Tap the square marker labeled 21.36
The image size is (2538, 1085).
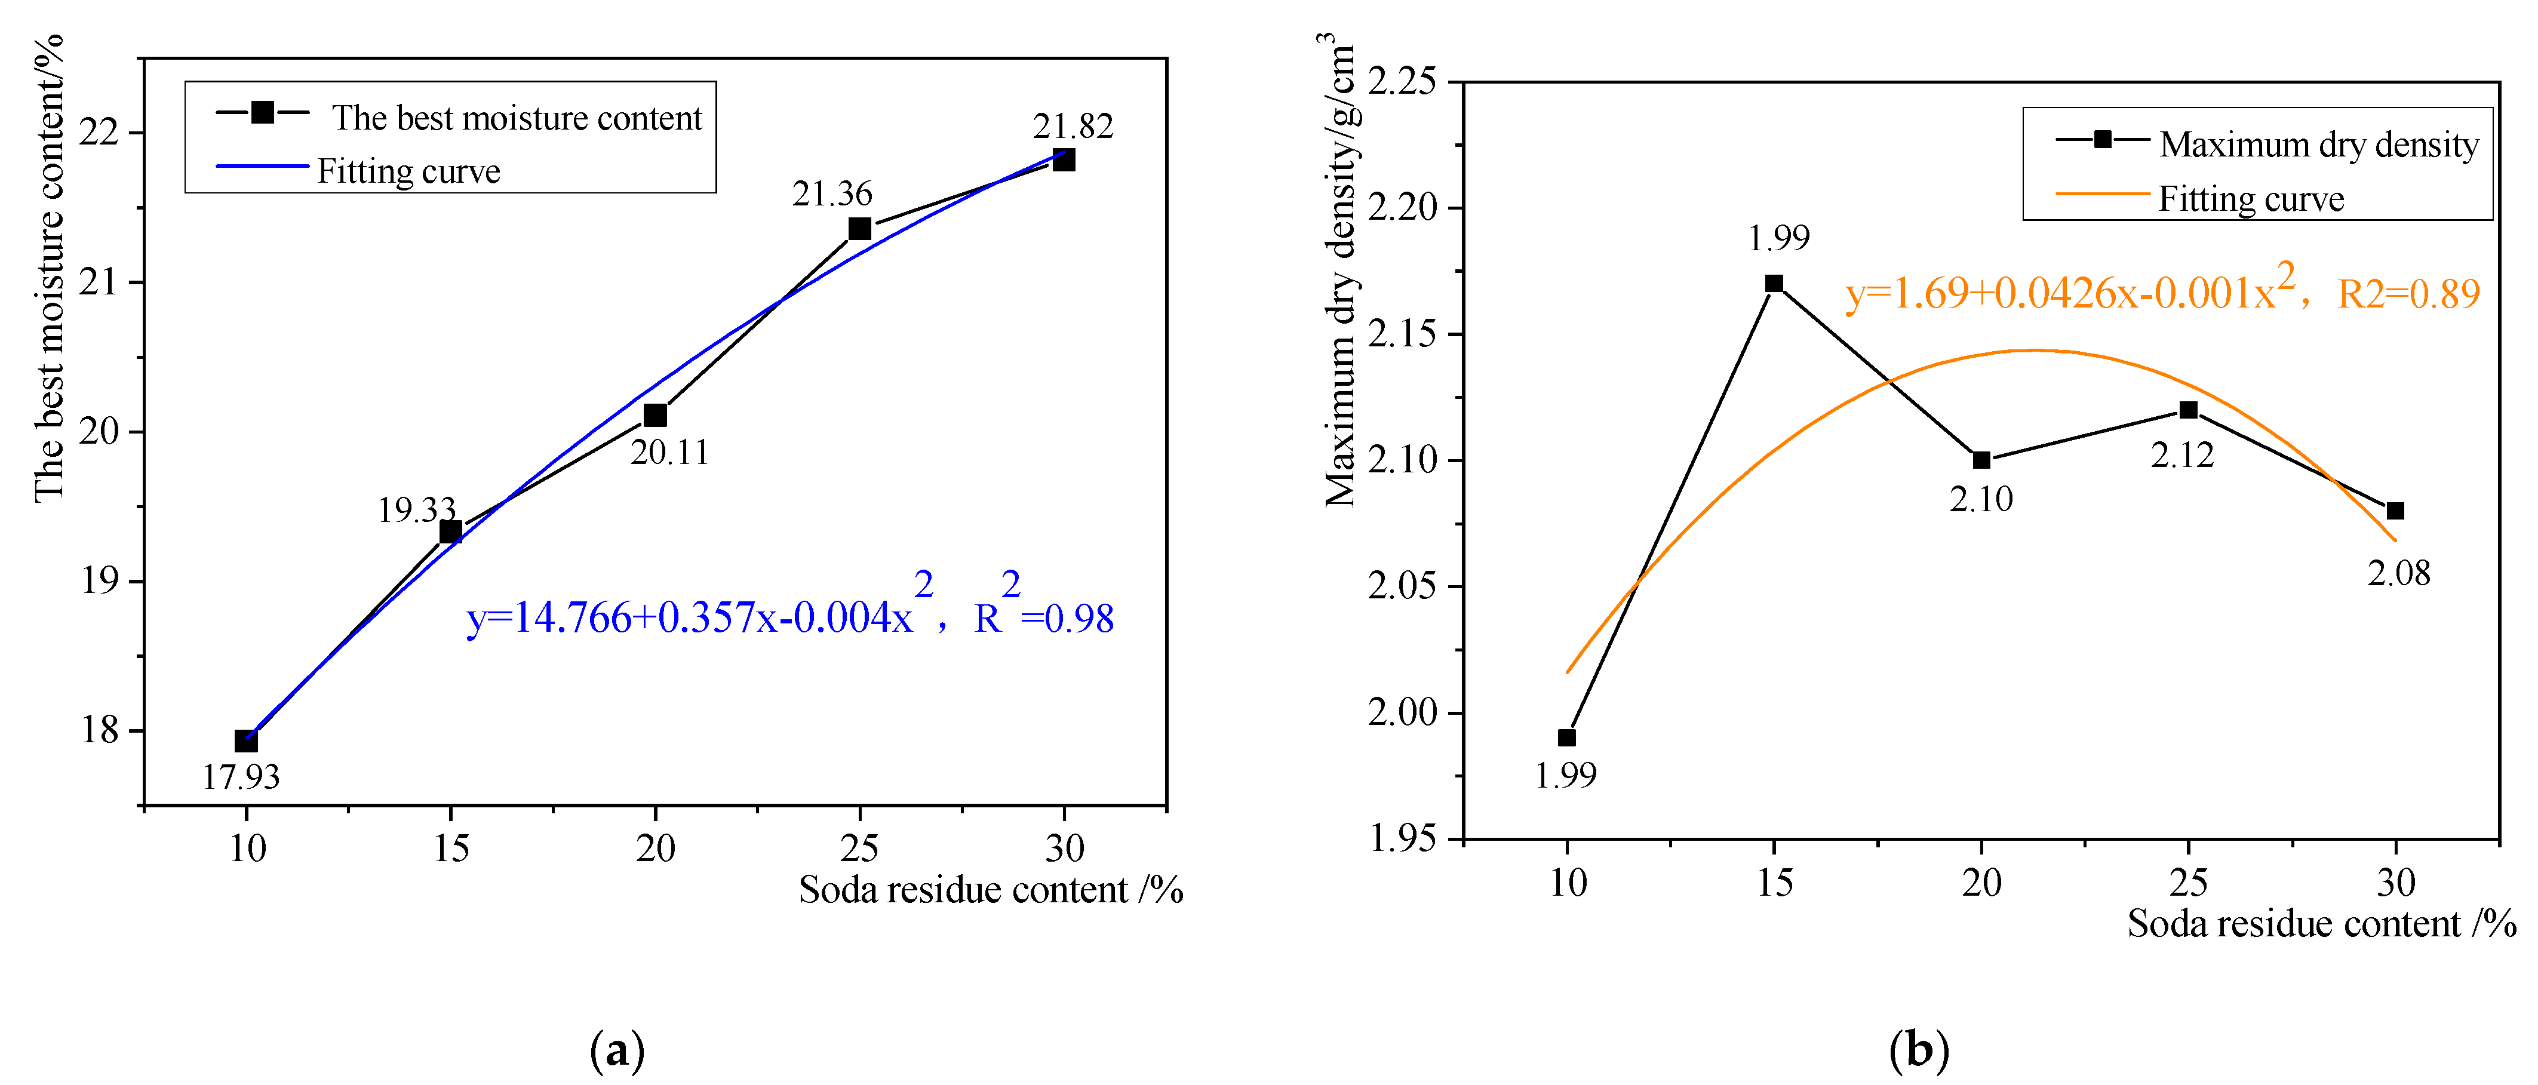pyautogui.click(x=859, y=229)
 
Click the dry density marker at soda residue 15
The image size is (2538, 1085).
pyautogui.click(x=1774, y=284)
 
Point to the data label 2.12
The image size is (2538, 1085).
pyautogui.click(x=2181, y=455)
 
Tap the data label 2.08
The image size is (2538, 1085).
pyautogui.click(x=2398, y=573)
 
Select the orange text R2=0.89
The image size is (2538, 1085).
pyautogui.click(x=2408, y=294)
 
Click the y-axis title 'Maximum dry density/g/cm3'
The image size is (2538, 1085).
pyautogui.click(x=1340, y=271)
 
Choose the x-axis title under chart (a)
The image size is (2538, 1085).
pyautogui.click(x=990, y=890)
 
